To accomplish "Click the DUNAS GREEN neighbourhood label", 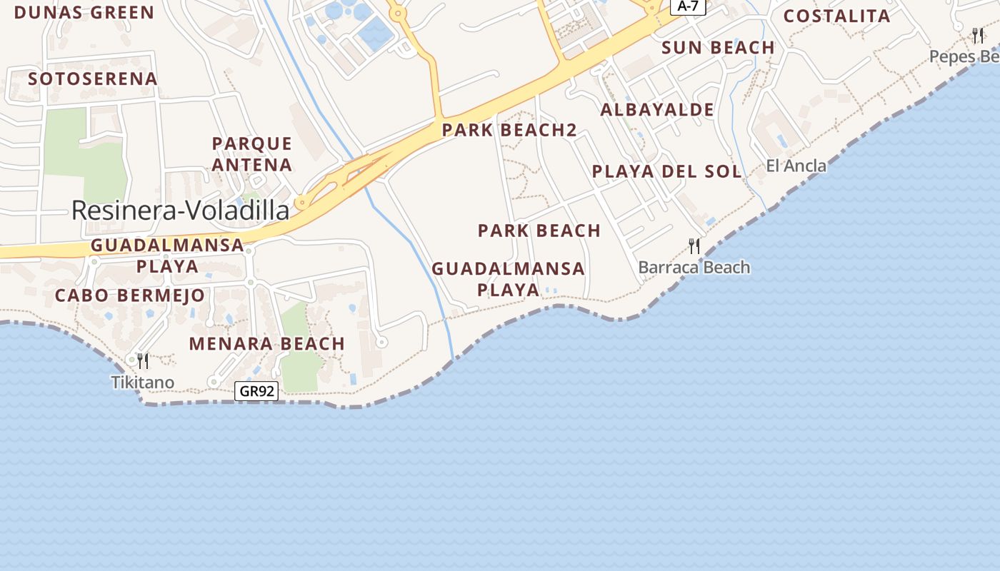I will (x=84, y=13).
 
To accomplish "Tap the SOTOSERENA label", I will (x=93, y=79).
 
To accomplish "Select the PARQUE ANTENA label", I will (x=252, y=154).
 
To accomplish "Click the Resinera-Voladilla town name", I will (x=181, y=210).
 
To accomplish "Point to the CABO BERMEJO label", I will (x=130, y=295).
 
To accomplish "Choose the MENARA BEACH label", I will (x=267, y=343).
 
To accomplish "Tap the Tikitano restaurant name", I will (x=143, y=383).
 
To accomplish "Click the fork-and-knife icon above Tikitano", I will (x=143, y=360).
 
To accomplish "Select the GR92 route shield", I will (x=256, y=391).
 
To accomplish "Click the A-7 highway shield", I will (x=688, y=6).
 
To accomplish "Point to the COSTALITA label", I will (x=837, y=16).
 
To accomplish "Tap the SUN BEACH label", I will (x=718, y=48).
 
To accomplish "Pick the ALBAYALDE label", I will (x=657, y=110).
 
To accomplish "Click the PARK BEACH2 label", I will (x=509, y=130).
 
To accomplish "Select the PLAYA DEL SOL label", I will (x=667, y=171).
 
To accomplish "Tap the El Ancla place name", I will (x=796, y=166).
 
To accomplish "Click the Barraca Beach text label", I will (x=694, y=268).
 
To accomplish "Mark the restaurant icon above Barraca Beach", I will (x=694, y=246).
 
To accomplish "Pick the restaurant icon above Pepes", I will (x=978, y=35).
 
